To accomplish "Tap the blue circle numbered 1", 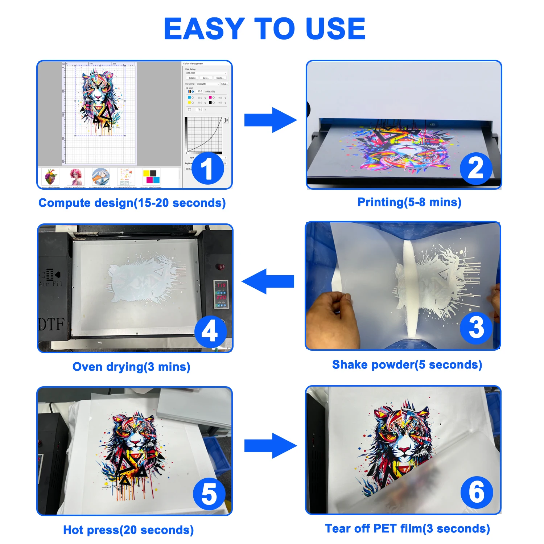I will click(207, 169).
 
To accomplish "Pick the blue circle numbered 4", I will click(210, 331).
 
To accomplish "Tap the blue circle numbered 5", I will click(209, 494).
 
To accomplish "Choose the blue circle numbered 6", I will click(477, 492).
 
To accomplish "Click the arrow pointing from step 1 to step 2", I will click(270, 120).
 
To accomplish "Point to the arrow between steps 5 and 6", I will click(270, 445).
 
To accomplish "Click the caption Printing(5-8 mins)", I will click(409, 202).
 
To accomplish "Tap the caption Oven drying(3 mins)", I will click(131, 367).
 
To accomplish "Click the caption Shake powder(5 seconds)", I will click(407, 364).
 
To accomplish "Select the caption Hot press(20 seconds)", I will click(128, 530).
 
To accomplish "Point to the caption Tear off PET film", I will click(407, 528).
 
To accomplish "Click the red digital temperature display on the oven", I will click(221, 291).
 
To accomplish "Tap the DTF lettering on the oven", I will click(51, 324).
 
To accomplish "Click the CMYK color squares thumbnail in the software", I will click(151, 176).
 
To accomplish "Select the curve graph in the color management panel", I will click(204, 135).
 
